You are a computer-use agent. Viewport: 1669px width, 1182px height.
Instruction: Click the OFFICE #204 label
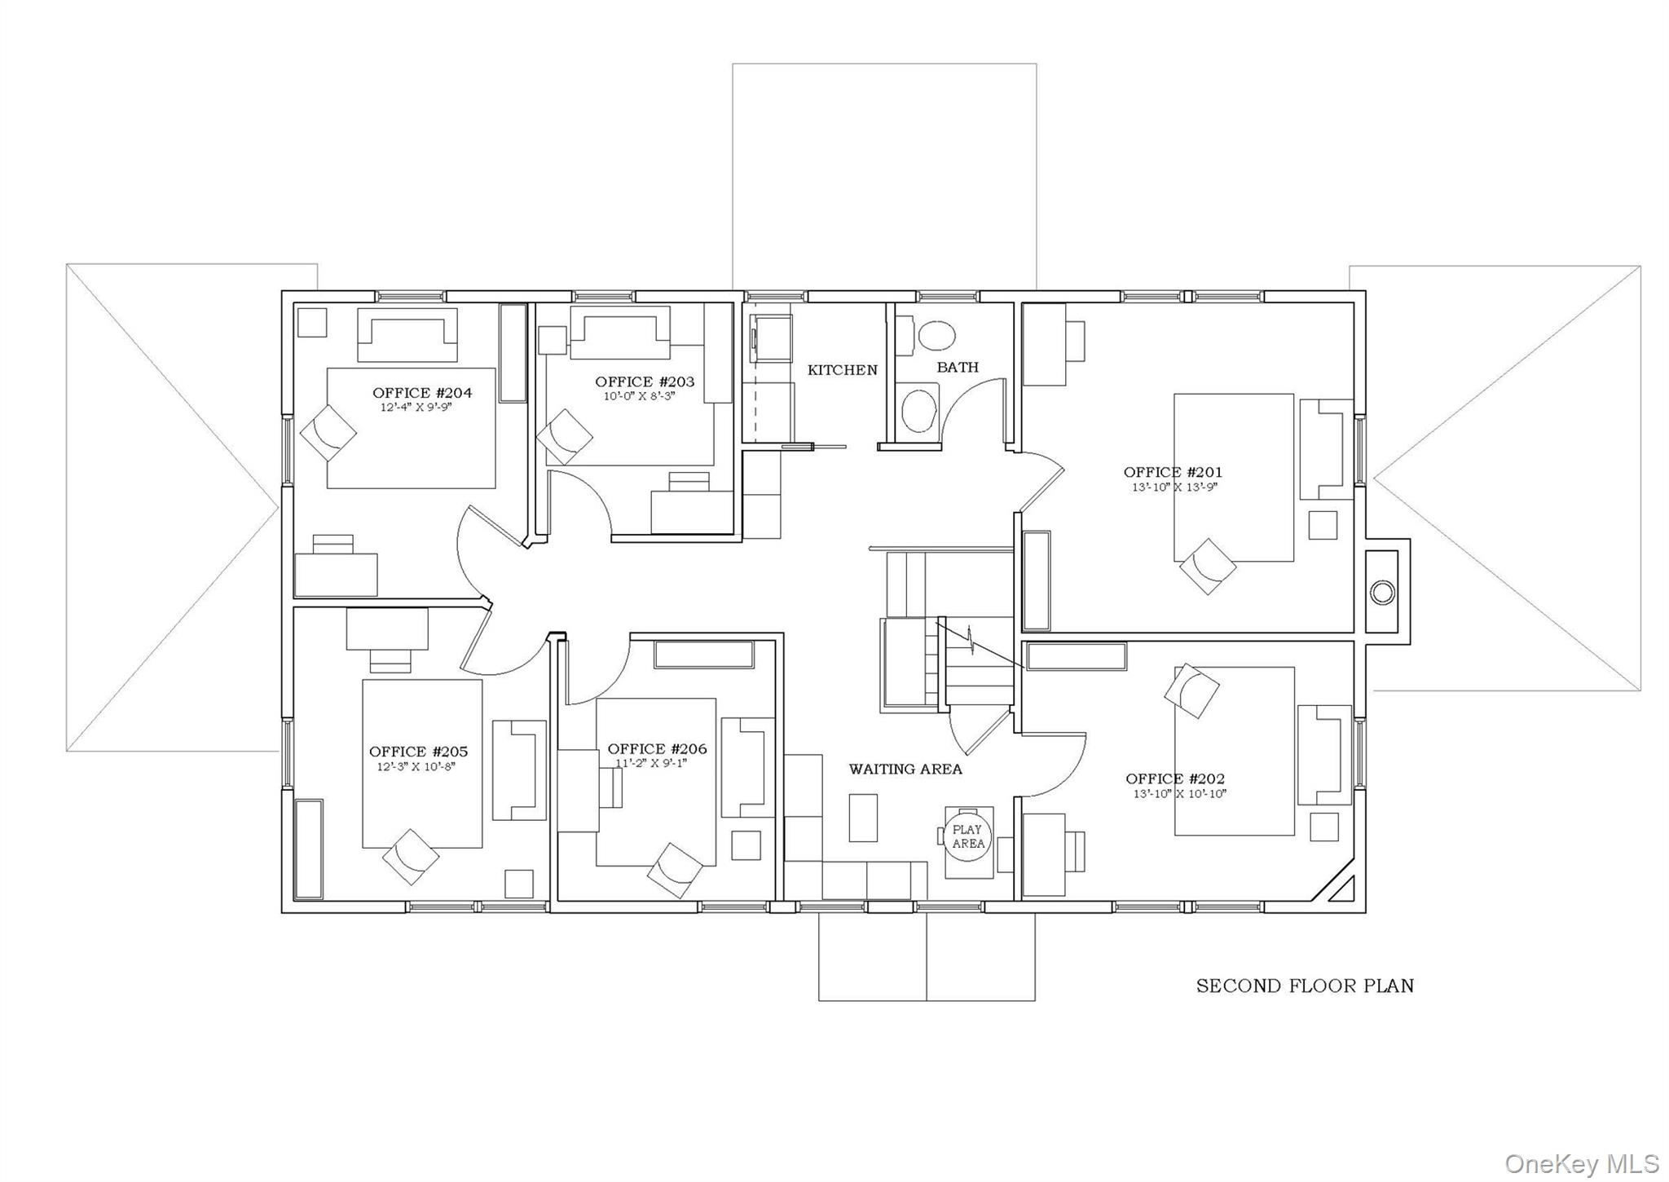(421, 393)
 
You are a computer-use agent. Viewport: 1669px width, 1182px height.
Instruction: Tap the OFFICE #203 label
(645, 382)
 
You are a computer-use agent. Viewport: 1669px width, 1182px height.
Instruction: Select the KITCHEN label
(842, 370)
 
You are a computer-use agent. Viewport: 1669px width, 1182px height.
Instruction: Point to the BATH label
(957, 368)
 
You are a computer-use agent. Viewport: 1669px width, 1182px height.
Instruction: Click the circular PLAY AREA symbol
(968, 837)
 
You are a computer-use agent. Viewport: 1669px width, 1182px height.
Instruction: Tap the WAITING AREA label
(905, 769)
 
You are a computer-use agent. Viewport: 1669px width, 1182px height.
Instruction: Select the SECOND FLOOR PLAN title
(1304, 986)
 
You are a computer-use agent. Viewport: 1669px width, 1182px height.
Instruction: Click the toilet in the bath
(936, 335)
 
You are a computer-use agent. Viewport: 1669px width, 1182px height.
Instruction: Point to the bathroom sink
(920, 410)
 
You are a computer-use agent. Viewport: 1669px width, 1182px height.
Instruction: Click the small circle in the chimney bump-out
(1382, 592)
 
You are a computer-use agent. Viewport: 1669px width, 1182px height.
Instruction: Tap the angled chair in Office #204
(328, 433)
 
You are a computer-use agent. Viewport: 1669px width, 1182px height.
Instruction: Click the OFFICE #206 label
(657, 749)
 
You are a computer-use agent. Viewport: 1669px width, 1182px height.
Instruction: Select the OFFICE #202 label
(1174, 778)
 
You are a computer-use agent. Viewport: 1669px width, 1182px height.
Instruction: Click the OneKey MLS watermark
(1581, 1162)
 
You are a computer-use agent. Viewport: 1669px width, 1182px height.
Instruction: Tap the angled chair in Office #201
(1207, 566)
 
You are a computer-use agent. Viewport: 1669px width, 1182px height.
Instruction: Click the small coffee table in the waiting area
(863, 818)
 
